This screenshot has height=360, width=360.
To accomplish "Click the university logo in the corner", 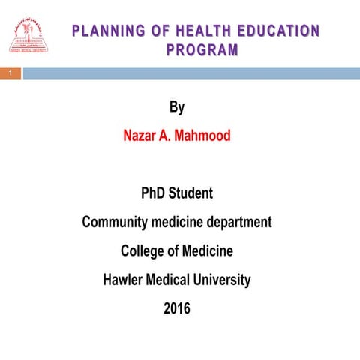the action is point(25,35).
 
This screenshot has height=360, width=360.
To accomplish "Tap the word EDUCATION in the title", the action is point(278,31).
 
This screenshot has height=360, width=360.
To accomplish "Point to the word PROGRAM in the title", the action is point(202,50).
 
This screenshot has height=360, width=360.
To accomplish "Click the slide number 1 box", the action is point(10,73).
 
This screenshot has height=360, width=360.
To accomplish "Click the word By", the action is point(177,107).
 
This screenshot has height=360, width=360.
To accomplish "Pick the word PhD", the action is point(154,193).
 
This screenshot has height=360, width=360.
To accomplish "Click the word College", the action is point(143,250).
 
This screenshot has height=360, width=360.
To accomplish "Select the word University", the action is point(220,280).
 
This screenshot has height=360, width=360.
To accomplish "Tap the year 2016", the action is point(177,308).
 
